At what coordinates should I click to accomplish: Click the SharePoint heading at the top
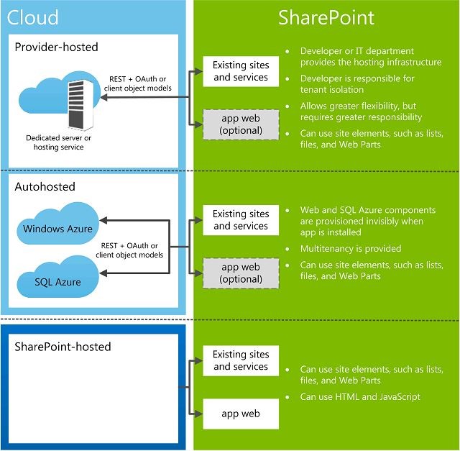[326, 17]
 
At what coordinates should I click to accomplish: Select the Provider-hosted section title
[57, 47]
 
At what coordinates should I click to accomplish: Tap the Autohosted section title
[45, 186]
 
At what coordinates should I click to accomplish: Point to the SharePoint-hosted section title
[63, 347]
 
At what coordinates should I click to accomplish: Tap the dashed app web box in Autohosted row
[241, 273]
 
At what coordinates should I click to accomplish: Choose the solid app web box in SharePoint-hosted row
[240, 414]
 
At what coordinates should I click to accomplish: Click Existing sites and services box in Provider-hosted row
[241, 71]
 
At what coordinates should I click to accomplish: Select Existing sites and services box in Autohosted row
[241, 219]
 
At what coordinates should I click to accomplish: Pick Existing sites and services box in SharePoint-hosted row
[241, 360]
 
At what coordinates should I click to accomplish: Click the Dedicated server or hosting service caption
[59, 142]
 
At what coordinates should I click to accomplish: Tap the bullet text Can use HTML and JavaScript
[360, 396]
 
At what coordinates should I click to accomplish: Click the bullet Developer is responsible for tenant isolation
[357, 84]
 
